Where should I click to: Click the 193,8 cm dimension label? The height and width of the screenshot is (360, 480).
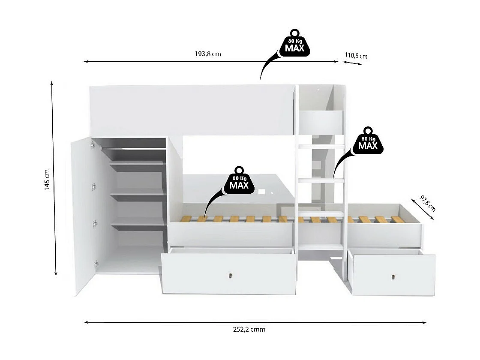point(208,54)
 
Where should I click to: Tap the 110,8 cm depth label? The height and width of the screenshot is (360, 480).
point(356,56)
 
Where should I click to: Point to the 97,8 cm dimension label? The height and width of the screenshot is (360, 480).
point(428,204)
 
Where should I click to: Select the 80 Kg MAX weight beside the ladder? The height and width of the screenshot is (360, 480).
point(368,142)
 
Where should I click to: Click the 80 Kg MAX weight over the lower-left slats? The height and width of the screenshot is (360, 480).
point(239,181)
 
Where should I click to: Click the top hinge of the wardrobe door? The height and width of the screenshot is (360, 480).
point(92,146)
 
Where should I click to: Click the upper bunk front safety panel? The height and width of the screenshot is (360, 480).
point(191,111)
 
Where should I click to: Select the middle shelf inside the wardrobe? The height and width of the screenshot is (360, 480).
point(137,194)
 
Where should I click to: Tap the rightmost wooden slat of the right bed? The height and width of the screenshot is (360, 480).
point(398,219)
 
